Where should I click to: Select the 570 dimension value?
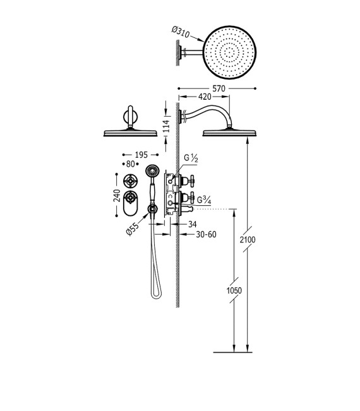(217, 89)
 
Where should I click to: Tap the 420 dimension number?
(205, 98)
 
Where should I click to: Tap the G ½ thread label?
(191, 158)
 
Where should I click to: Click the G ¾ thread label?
(204, 201)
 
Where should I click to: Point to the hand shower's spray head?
(151, 170)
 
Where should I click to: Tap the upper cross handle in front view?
(131, 179)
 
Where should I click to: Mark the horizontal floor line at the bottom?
(234, 351)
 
